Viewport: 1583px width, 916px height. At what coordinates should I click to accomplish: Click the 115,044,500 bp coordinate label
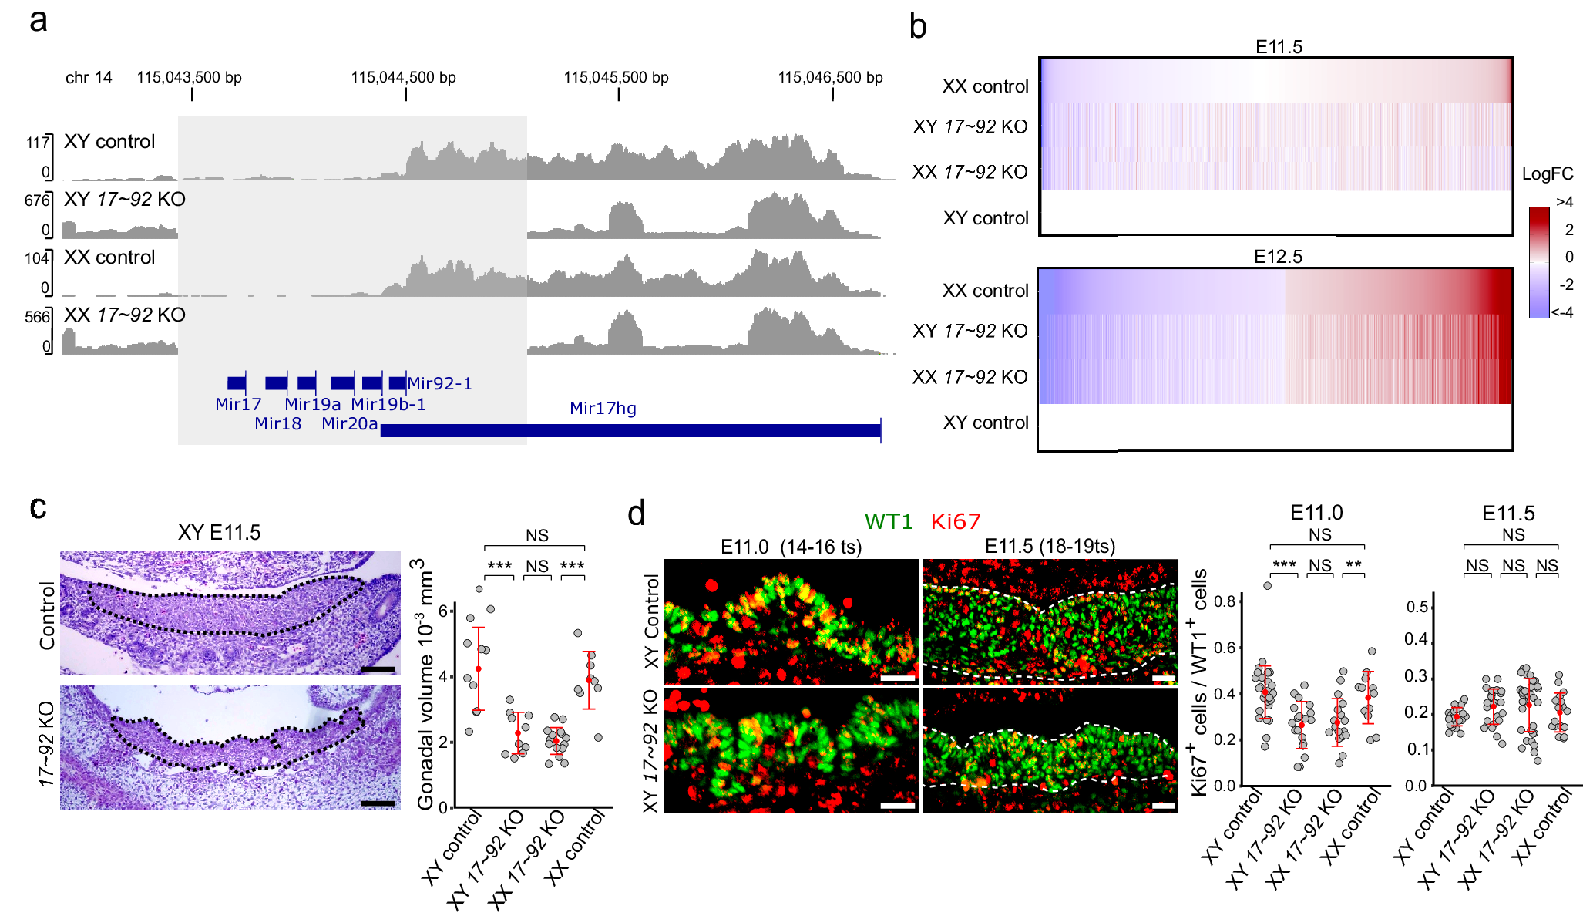(403, 78)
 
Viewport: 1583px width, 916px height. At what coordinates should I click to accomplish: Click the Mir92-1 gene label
(439, 383)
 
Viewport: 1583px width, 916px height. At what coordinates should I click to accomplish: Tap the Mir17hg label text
(603, 409)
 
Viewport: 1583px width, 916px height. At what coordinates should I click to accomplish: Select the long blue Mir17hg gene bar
(630, 430)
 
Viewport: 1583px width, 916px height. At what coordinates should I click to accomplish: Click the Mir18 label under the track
(277, 423)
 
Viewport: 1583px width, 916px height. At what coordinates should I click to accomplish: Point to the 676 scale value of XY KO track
(37, 200)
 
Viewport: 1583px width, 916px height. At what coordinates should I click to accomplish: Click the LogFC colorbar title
(1548, 174)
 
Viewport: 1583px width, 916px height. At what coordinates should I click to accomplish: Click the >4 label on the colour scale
(1565, 202)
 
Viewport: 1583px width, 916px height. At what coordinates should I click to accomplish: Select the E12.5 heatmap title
(1278, 257)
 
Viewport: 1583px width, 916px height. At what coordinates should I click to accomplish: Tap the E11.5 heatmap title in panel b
(1279, 47)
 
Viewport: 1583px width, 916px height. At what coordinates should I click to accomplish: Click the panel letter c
(38, 507)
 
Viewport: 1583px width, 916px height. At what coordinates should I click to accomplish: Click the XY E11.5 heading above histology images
(219, 533)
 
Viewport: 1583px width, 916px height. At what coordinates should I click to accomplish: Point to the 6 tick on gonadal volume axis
(443, 611)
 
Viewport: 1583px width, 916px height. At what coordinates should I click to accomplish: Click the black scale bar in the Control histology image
(378, 668)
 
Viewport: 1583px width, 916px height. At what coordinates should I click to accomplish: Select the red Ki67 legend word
(956, 522)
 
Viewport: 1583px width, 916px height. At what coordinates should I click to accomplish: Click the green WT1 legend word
(888, 522)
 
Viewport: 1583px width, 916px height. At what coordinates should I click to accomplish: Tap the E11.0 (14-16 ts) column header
(791, 547)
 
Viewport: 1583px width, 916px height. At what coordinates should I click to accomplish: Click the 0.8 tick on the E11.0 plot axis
(1225, 601)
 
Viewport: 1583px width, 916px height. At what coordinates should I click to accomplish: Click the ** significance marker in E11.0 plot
(1353, 565)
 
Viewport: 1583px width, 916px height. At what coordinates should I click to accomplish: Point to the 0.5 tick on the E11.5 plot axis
(1417, 608)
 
